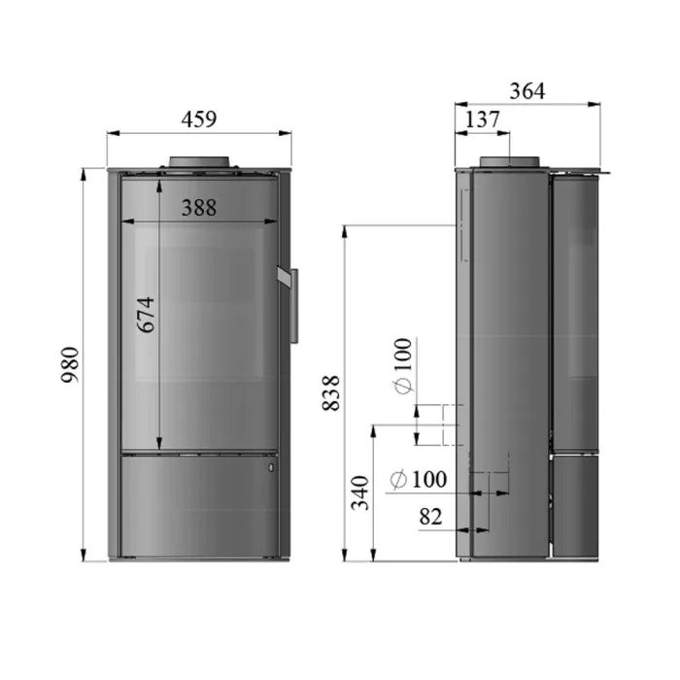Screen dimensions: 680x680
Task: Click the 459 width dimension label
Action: tap(198, 119)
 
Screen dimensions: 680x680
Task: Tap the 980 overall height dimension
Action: tap(70, 364)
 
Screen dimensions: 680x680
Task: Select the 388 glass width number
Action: tap(198, 208)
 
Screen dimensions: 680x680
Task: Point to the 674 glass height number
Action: tap(146, 315)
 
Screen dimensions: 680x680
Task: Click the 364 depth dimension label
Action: tap(527, 91)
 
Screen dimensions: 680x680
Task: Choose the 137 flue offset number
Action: tap(482, 119)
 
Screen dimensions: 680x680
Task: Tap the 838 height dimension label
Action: tap(331, 392)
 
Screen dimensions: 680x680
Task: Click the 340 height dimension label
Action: tap(360, 493)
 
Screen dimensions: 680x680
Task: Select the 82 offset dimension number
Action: tap(430, 517)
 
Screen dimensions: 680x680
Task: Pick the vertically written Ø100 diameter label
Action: tap(403, 365)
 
